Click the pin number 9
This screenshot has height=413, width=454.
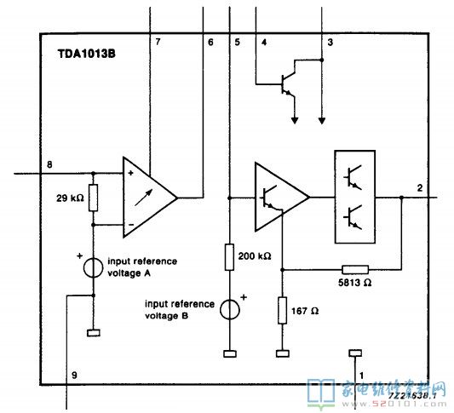(73, 374)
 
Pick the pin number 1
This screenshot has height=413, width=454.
(360, 374)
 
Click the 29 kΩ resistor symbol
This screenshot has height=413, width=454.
(94, 198)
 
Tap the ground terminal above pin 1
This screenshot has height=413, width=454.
(355, 353)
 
